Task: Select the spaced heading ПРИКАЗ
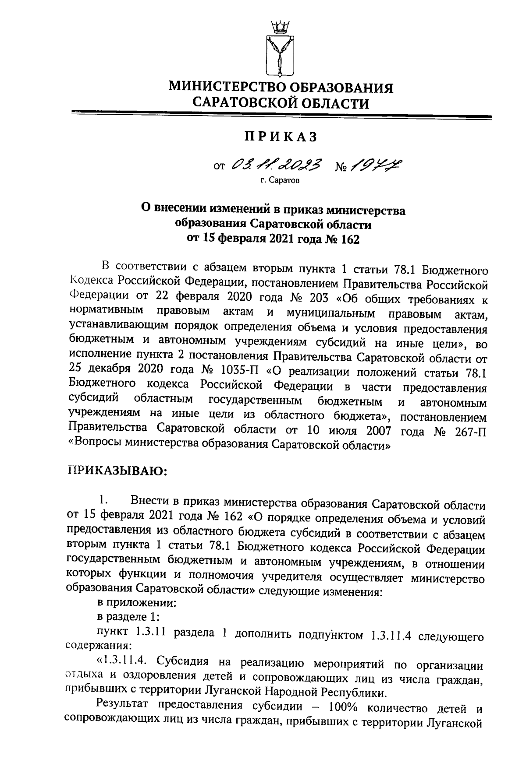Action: [281, 137]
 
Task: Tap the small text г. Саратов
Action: [280, 180]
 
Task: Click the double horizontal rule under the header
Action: [281, 115]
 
